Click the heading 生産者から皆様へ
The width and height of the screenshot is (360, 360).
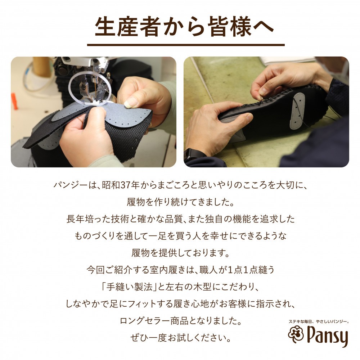click(x=184, y=27)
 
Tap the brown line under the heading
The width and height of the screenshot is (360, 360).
click(x=186, y=45)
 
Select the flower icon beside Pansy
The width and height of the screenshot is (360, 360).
click(x=296, y=334)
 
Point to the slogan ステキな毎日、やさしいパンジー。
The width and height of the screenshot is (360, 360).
click(x=319, y=321)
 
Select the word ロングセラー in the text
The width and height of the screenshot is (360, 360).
click(x=145, y=321)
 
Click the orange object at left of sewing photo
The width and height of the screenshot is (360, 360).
click(x=14, y=101)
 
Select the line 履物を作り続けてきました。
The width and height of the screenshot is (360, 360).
click(x=181, y=202)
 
